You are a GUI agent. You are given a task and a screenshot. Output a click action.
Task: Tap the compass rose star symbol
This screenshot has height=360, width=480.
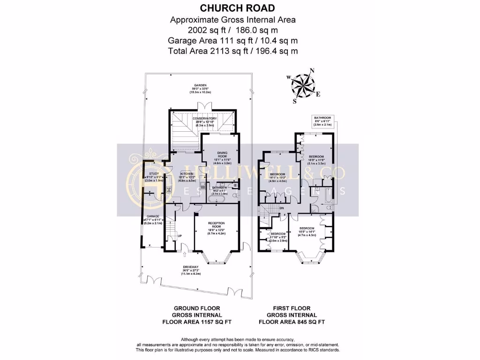point(303,85)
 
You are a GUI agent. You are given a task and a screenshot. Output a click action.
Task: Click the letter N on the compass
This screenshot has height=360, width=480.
point(312,71)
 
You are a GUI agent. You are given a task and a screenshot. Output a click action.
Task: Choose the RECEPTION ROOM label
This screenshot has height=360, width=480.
point(217,224)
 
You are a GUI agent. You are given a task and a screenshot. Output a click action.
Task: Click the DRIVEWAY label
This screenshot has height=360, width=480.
point(191,267)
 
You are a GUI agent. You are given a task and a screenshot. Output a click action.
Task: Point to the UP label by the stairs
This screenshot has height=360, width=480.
point(180,235)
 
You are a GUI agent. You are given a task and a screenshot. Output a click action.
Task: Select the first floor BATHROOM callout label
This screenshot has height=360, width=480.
point(322,118)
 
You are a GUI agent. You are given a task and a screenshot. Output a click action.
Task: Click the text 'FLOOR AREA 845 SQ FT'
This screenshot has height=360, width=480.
point(291,322)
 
